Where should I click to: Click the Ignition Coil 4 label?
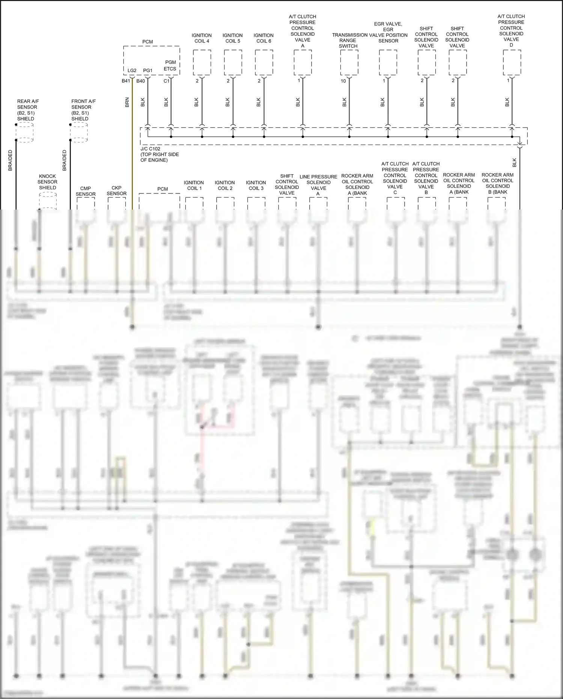click(x=202, y=38)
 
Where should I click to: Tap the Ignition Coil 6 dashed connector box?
click(x=264, y=63)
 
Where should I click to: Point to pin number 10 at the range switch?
click(x=343, y=81)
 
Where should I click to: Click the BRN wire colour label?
click(x=127, y=102)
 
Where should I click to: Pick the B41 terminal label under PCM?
click(x=126, y=81)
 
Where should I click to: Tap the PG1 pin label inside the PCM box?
click(x=148, y=71)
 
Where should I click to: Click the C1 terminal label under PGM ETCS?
click(x=166, y=81)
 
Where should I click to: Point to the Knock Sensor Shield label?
click(x=48, y=182)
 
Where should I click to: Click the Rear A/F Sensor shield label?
click(x=27, y=110)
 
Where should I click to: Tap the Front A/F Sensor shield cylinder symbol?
click(x=79, y=132)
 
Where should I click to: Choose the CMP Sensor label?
click(x=86, y=191)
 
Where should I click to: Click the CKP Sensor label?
click(x=116, y=190)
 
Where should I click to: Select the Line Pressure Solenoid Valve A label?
click(x=318, y=185)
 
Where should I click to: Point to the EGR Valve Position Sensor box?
click(x=388, y=63)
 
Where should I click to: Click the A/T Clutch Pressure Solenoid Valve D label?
click(x=511, y=30)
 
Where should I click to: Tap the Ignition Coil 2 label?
click(x=225, y=185)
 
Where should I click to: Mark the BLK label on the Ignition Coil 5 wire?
click(x=227, y=102)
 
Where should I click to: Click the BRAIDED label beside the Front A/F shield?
click(x=64, y=160)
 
